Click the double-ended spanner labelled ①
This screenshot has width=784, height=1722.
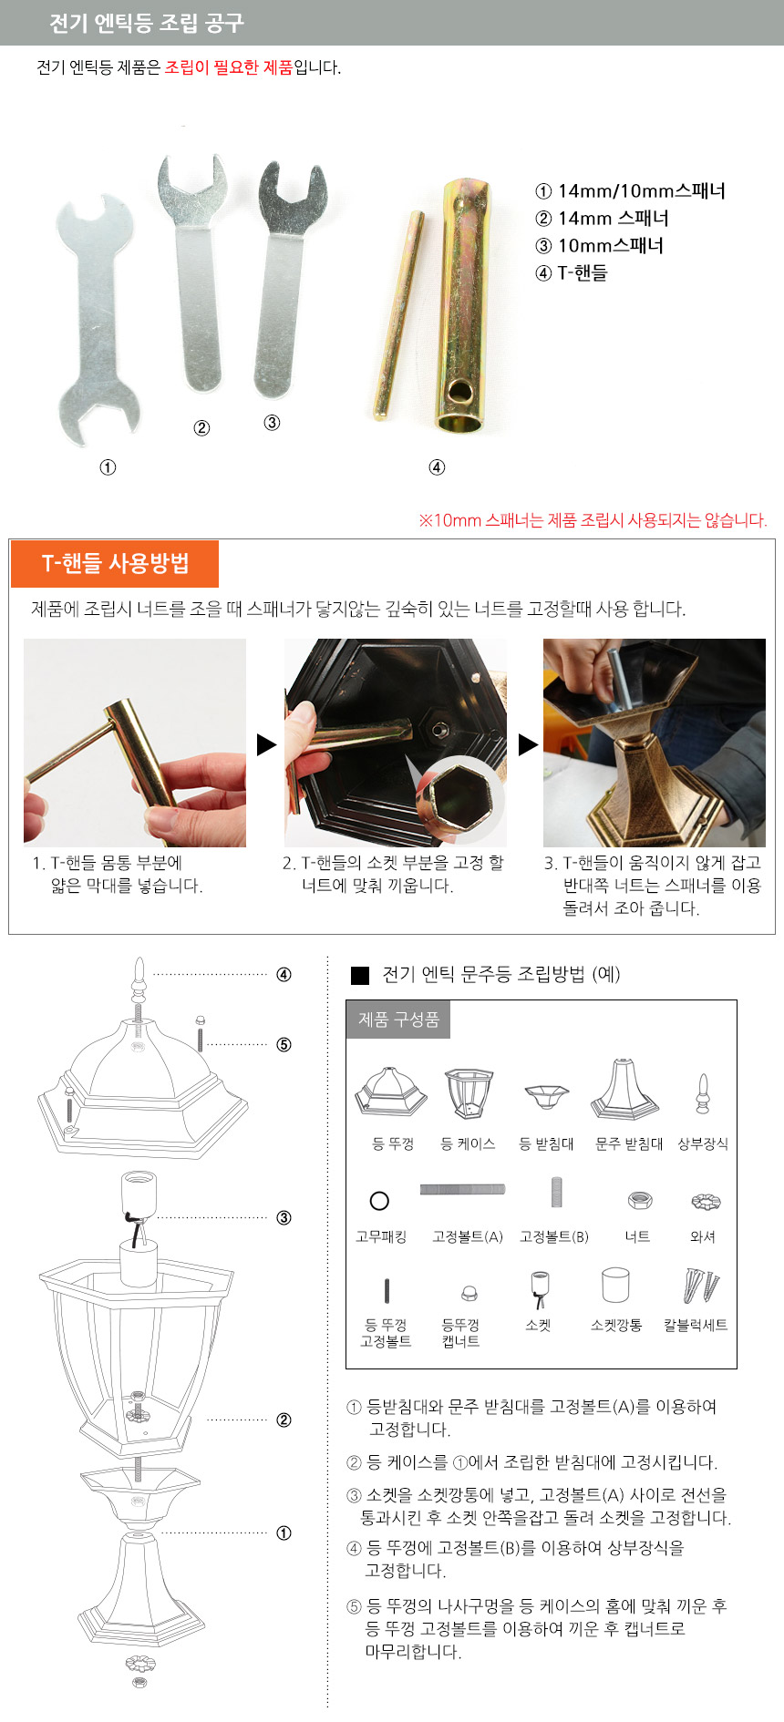(x=96, y=319)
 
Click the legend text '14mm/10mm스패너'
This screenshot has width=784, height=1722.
(x=642, y=191)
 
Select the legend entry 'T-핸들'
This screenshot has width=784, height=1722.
(x=583, y=272)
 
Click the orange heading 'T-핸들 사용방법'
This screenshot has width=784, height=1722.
(x=115, y=563)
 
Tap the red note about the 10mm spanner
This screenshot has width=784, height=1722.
(x=593, y=520)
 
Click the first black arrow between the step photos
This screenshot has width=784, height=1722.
(x=266, y=744)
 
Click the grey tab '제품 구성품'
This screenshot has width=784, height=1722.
(x=398, y=1020)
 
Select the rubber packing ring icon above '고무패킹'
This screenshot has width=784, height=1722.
(x=380, y=1201)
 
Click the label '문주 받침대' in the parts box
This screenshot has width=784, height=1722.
(x=629, y=1143)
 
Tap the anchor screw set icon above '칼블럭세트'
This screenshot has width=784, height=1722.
(x=701, y=1286)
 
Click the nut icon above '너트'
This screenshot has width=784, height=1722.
(x=639, y=1200)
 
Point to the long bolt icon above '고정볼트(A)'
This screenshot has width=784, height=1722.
(x=462, y=1189)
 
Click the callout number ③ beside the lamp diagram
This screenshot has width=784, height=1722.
(x=284, y=1217)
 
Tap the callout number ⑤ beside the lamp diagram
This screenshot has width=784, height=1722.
(x=284, y=1044)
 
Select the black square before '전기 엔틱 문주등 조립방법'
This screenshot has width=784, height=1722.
(x=360, y=975)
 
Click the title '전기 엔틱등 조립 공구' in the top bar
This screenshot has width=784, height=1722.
(x=147, y=23)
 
